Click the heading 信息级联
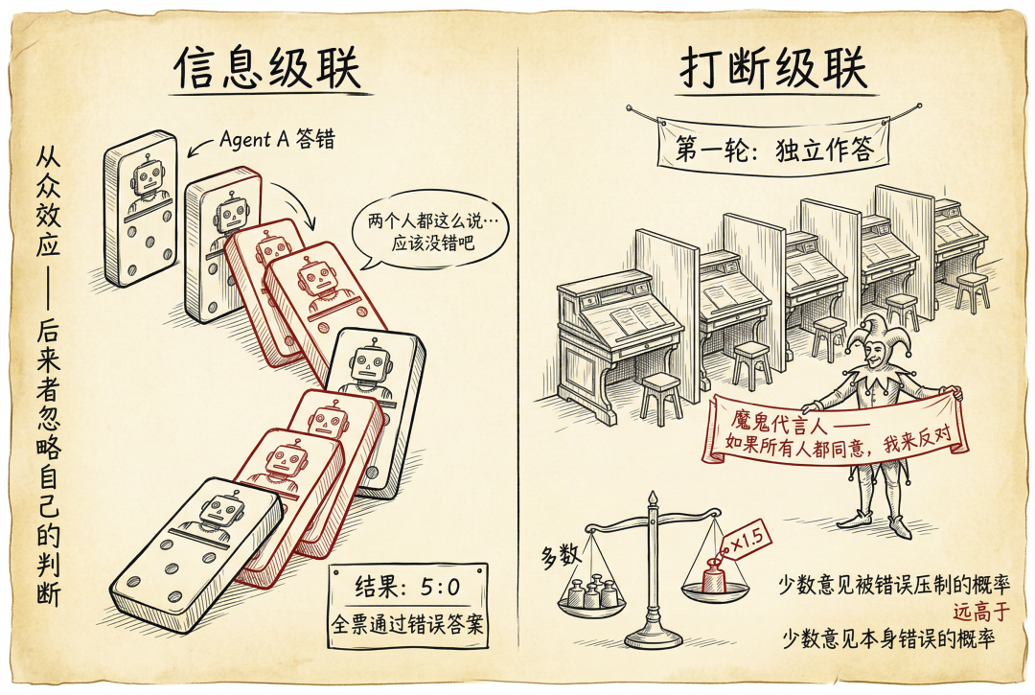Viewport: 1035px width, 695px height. pyautogui.click(x=267, y=67)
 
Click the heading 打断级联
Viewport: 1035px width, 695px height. pyautogui.click(x=773, y=67)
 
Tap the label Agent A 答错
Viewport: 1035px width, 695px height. pyautogui.click(x=277, y=139)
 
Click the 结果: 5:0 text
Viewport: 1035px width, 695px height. pyautogui.click(x=407, y=586)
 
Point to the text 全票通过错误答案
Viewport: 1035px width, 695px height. pyautogui.click(x=407, y=624)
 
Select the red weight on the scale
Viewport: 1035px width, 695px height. pyautogui.click(x=714, y=577)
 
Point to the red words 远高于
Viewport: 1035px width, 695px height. pyautogui.click(x=981, y=612)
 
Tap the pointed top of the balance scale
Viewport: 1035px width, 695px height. pyautogui.click(x=653, y=493)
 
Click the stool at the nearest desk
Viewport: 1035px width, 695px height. pyautogui.click(x=660, y=399)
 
